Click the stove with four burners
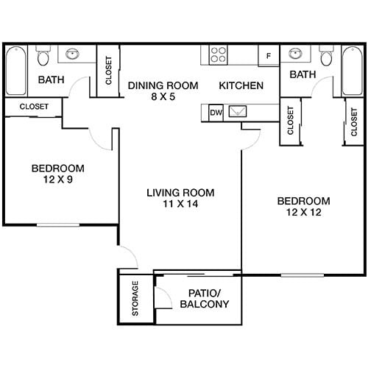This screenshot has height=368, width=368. tap(219, 54)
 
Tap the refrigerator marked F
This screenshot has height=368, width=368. tap(268, 55)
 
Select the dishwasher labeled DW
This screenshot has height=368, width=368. tap(216, 113)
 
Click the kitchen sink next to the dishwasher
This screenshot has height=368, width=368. tap(239, 113)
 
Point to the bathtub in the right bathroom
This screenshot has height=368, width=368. tap(353, 71)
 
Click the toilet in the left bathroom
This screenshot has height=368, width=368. tap(43, 57)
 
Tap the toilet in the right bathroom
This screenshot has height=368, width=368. tap(326, 57)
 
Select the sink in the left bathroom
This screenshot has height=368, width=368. tap(74, 54)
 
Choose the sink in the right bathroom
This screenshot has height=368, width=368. tap(295, 54)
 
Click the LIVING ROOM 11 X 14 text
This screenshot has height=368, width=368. tap(180, 199)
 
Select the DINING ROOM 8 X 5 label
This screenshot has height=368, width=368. tap(162, 91)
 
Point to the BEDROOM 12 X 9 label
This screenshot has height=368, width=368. tap(57, 174)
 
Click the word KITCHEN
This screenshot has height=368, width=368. tap(241, 85)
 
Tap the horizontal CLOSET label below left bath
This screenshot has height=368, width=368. tap(34, 107)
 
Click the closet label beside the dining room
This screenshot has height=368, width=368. tap(109, 71)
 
